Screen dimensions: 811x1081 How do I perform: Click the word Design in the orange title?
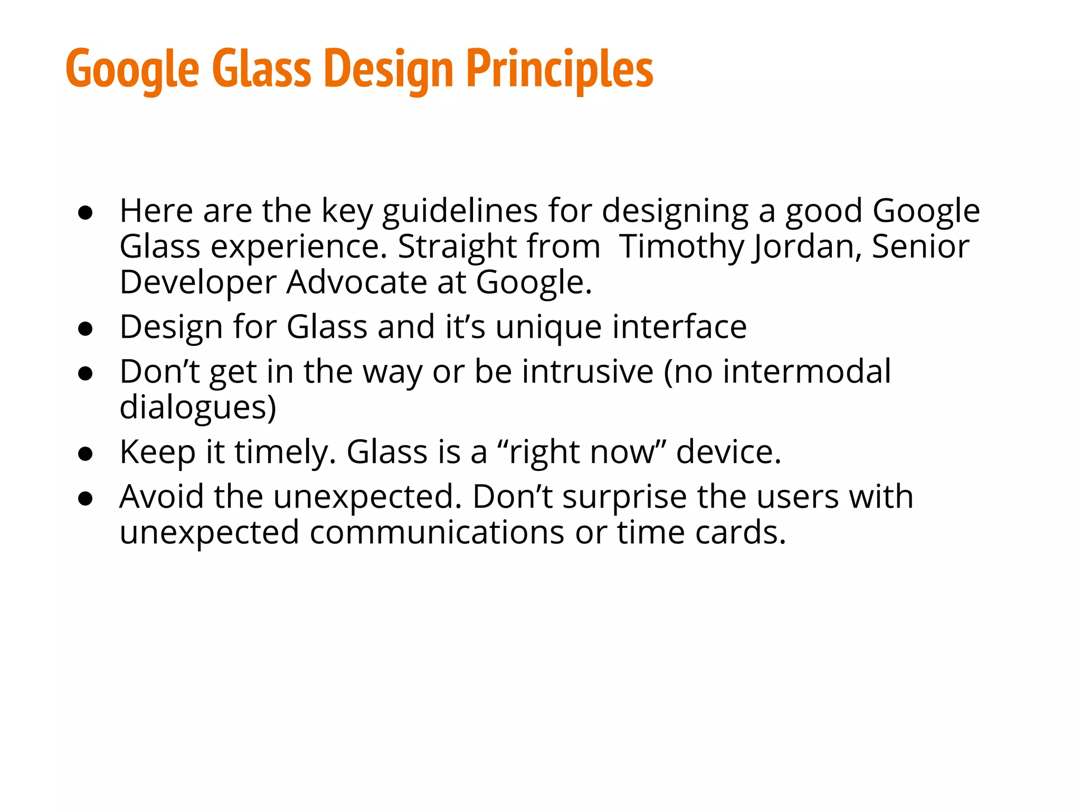point(388,69)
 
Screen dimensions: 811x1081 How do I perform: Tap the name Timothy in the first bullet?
point(681,247)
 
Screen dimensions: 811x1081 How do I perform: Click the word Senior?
point(920,247)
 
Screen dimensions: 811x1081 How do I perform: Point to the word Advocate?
point(356,282)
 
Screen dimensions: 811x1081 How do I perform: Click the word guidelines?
point(460,211)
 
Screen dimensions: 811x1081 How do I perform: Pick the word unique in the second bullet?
point(548,327)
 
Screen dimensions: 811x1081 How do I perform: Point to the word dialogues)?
point(198,408)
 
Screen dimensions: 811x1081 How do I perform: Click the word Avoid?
point(162,497)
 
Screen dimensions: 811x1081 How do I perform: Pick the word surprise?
point(624,498)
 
